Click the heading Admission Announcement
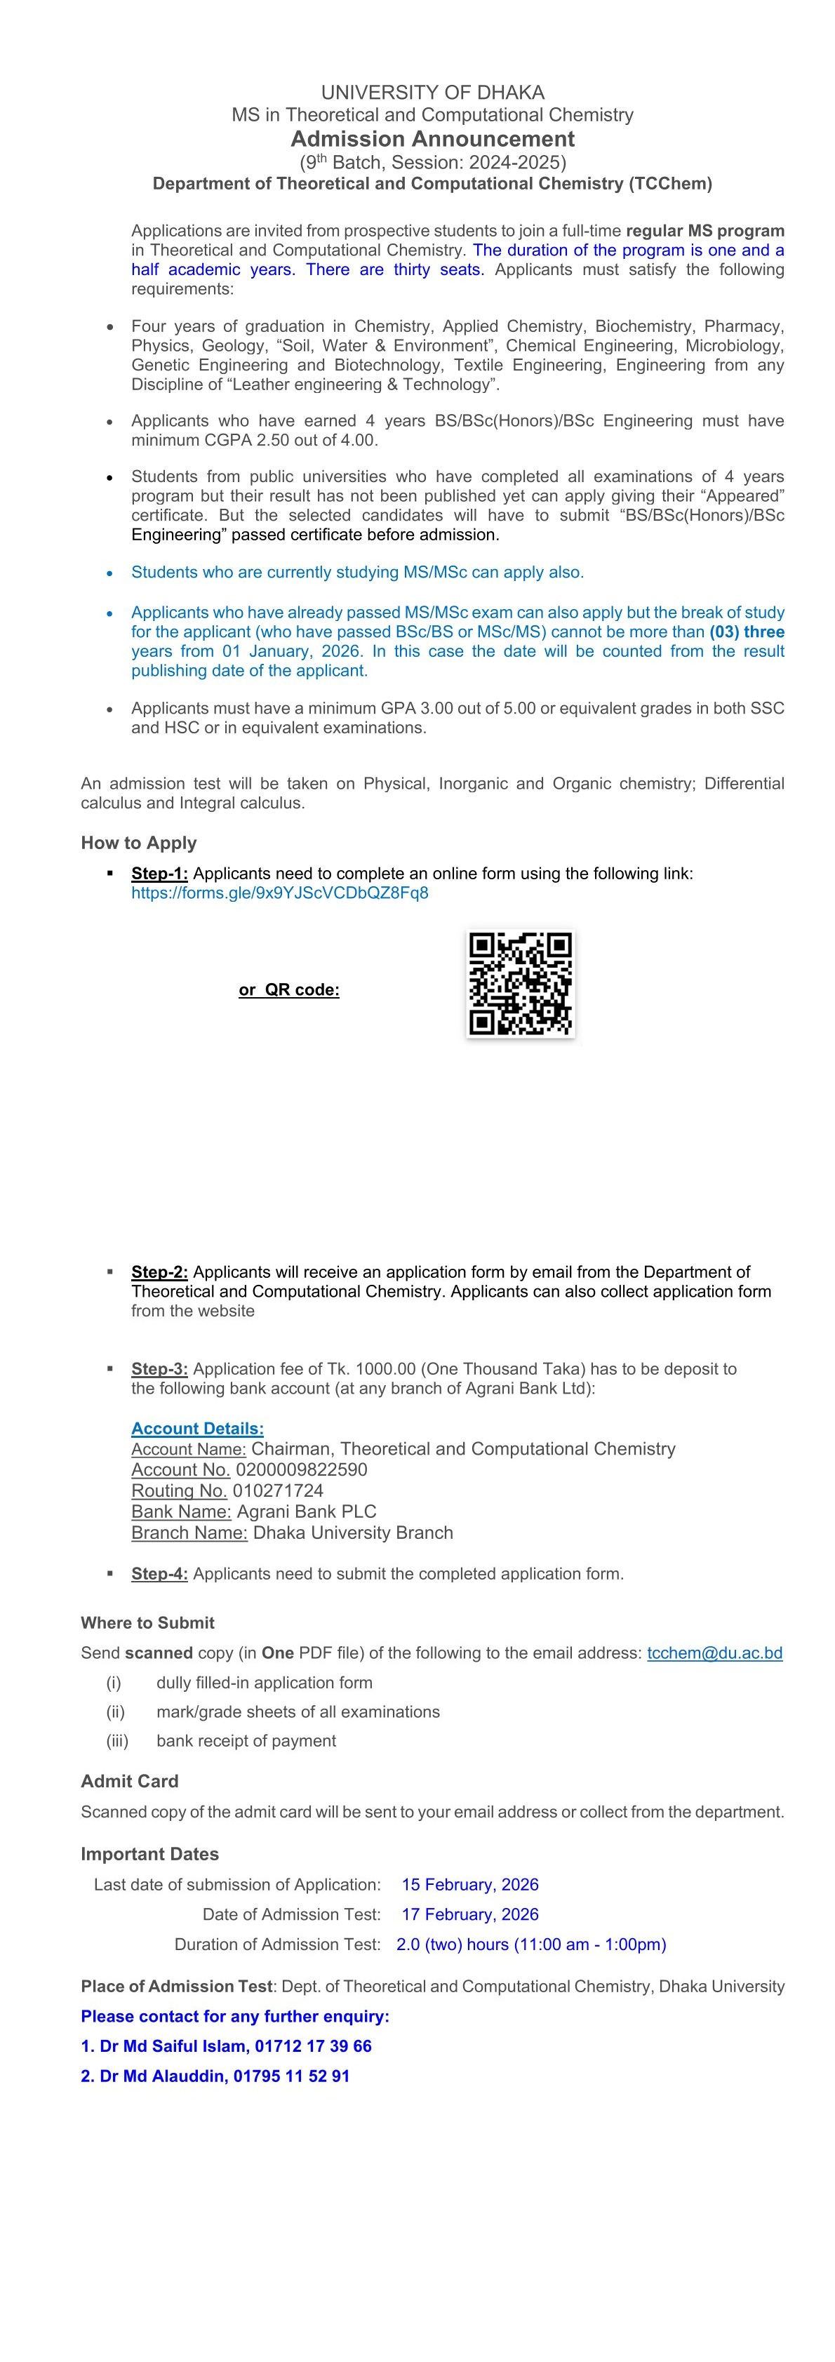pos(433,140)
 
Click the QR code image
pos(520,983)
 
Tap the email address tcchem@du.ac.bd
pos(714,1653)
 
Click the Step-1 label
pos(159,873)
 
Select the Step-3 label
pos(159,1368)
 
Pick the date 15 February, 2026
pos(469,1883)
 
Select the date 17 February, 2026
pos(469,1914)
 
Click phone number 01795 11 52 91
pos(290,2075)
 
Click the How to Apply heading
pos(138,843)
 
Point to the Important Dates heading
pos(149,1853)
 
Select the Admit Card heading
pos(129,1781)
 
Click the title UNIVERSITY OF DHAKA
pos(433,93)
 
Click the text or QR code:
pos(288,989)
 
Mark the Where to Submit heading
pos(147,1622)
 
